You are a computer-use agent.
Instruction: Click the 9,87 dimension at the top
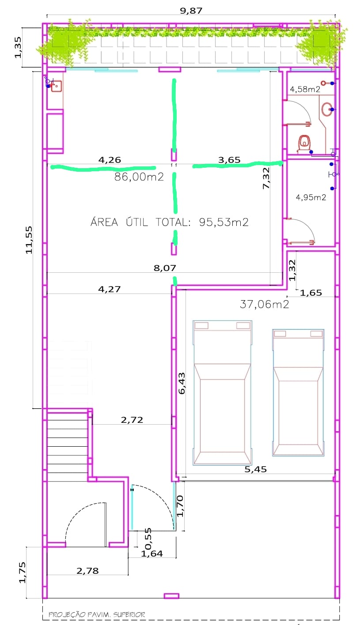[191, 11]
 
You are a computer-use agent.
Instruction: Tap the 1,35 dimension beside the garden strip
[18, 47]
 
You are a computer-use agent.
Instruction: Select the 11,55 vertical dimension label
[29, 240]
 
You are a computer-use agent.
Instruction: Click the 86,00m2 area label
[139, 177]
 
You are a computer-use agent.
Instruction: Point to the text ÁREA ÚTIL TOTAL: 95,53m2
[170, 222]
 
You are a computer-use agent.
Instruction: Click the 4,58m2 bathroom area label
[305, 89]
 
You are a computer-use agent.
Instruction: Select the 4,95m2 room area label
[311, 197]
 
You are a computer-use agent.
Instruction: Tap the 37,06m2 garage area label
[264, 304]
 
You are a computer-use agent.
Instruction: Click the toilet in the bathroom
[303, 144]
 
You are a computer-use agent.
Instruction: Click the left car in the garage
[222, 393]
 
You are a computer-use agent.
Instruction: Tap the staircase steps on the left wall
[68, 447]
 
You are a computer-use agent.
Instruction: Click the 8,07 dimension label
[165, 268]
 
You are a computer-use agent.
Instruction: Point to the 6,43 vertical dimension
[182, 384]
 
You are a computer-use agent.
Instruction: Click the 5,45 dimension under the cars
[256, 469]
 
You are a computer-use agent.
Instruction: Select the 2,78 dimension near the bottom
[87, 571]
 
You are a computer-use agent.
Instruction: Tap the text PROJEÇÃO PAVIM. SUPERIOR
[97, 614]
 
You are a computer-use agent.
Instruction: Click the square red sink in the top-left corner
[56, 86]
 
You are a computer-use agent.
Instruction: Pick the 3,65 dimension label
[229, 160]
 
